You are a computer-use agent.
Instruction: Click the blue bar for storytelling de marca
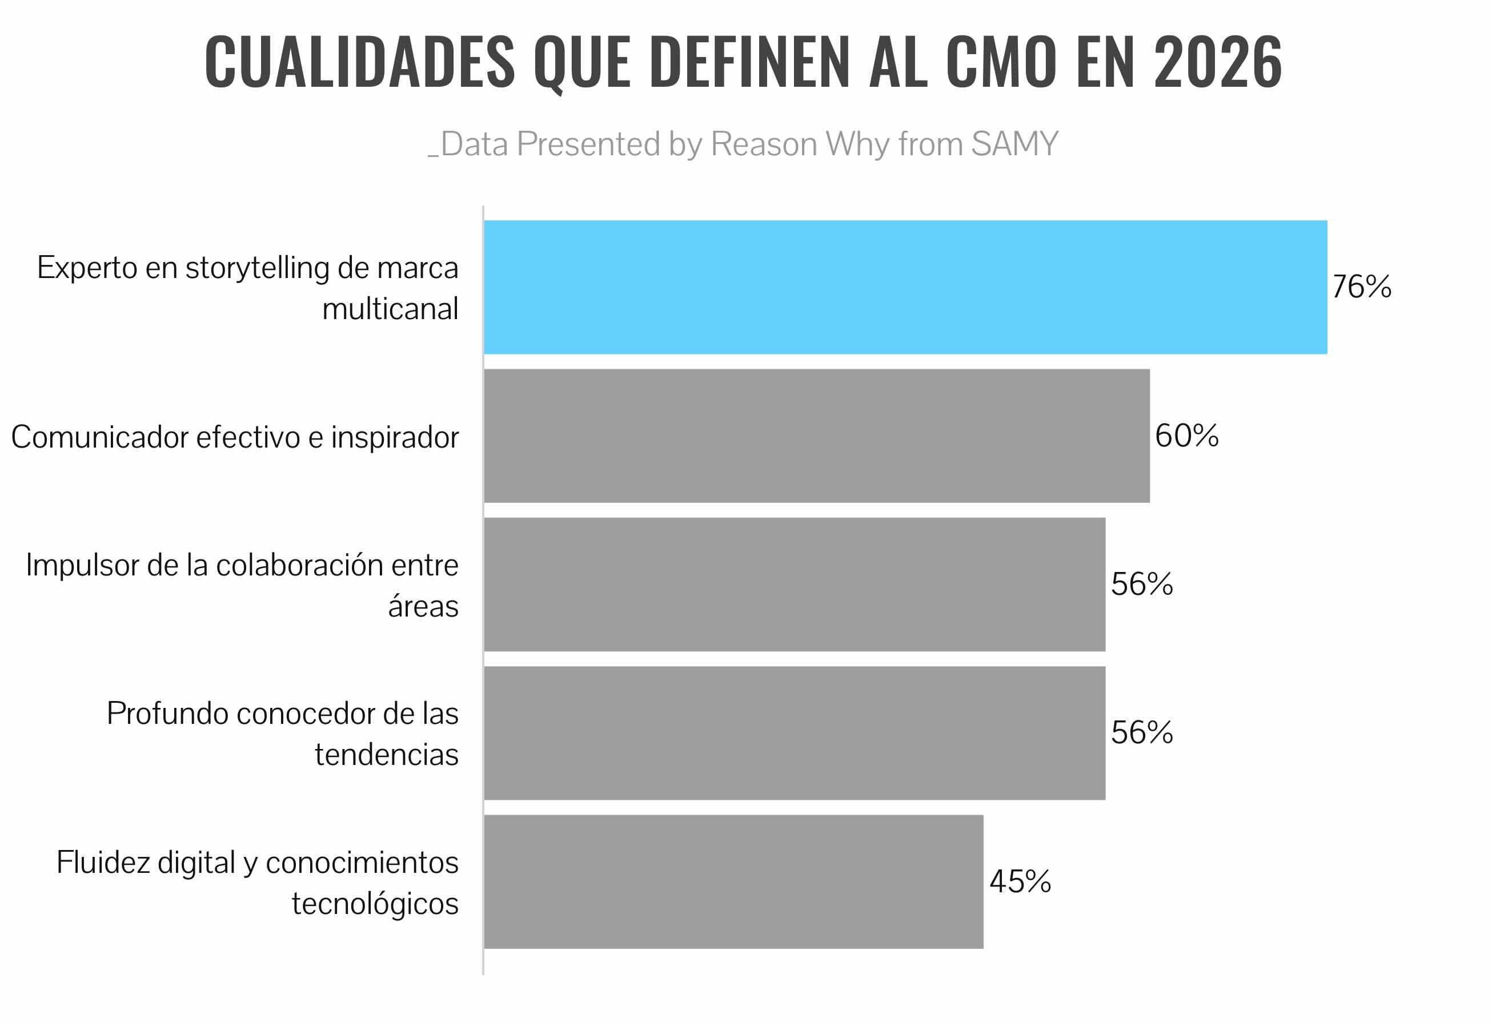pyautogui.click(x=905, y=287)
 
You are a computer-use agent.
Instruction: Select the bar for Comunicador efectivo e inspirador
pyautogui.click(x=817, y=436)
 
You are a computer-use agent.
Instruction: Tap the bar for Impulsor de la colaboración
pyautogui.click(x=794, y=585)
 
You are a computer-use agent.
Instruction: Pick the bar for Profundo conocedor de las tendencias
pyautogui.click(x=794, y=733)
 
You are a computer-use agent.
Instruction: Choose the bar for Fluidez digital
pyautogui.click(x=733, y=882)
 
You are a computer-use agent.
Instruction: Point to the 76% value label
pyautogui.click(x=1362, y=287)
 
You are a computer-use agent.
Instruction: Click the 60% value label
pyautogui.click(x=1186, y=436)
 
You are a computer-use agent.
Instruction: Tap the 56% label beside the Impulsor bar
pyautogui.click(x=1141, y=585)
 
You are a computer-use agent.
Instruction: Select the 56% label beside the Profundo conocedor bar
pyautogui.click(x=1141, y=733)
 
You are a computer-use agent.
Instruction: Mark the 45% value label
pyautogui.click(x=1020, y=882)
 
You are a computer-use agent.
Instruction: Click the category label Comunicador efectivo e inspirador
pyautogui.click(x=235, y=438)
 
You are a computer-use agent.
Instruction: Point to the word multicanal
pyautogui.click(x=390, y=309)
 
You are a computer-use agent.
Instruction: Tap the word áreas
pyautogui.click(x=423, y=606)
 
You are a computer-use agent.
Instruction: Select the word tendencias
pyautogui.click(x=387, y=755)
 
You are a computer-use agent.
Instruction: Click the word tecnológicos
pyautogui.click(x=375, y=904)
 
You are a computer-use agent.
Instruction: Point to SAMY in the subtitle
pyautogui.click(x=1014, y=144)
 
